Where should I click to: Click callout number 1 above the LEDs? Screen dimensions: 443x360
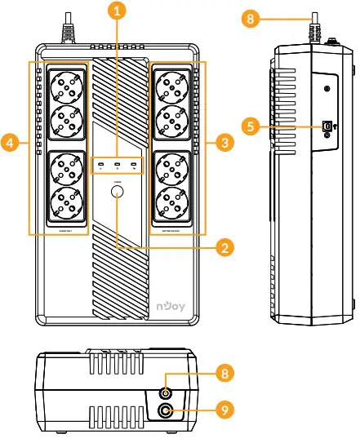pyautogui.click(x=119, y=11)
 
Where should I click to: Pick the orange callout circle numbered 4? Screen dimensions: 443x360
pyautogui.click(x=10, y=144)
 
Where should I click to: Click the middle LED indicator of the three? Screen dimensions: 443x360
pyautogui.click(x=119, y=166)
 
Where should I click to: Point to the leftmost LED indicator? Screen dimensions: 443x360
pyautogui.click(x=100, y=166)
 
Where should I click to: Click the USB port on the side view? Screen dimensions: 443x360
pyautogui.click(x=327, y=126)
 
